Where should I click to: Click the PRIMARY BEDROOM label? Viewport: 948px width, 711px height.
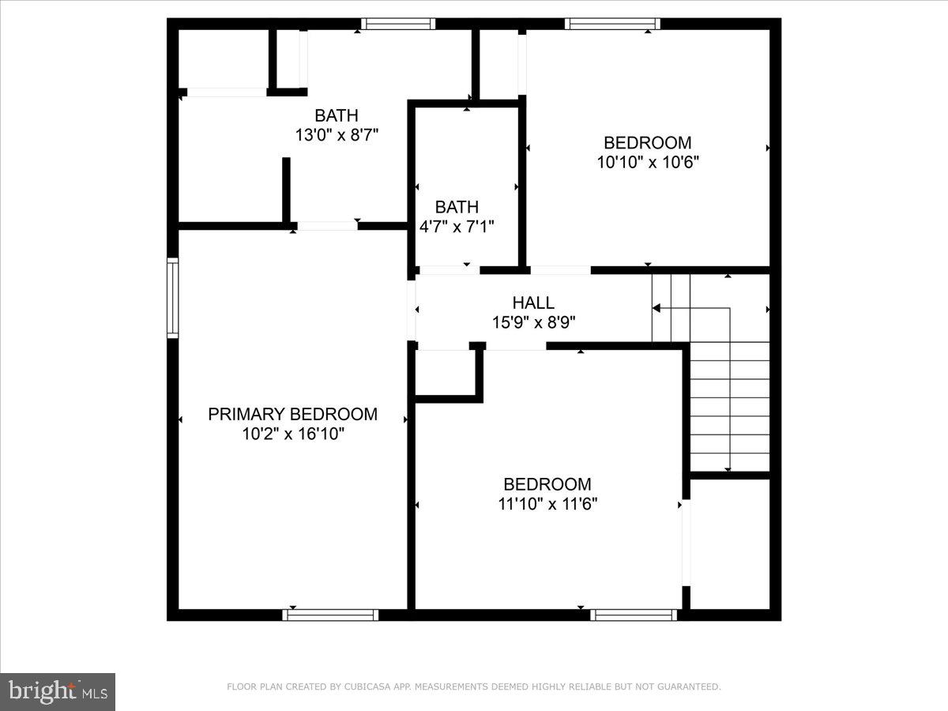[292, 414]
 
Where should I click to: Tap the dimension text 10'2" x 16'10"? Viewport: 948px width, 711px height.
[293, 434]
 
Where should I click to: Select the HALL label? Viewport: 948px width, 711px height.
[533, 303]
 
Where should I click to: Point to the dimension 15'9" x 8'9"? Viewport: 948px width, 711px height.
[533, 322]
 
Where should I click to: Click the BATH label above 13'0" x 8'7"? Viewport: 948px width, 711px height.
[337, 116]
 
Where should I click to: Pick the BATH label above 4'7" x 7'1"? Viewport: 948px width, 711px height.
[457, 207]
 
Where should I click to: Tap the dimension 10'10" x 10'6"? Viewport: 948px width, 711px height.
[648, 162]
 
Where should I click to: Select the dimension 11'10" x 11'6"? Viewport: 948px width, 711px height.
[547, 504]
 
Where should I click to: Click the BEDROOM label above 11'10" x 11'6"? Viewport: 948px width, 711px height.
[547, 484]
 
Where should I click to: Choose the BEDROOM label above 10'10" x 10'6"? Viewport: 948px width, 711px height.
[648, 143]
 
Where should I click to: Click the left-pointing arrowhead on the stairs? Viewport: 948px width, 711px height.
[656, 308]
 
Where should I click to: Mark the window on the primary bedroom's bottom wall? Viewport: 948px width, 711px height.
[331, 614]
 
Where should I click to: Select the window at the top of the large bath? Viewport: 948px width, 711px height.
[398, 24]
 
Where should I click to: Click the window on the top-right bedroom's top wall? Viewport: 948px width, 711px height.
[612, 24]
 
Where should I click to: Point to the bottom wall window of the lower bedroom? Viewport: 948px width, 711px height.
[634, 614]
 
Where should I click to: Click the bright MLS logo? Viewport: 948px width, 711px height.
[58, 692]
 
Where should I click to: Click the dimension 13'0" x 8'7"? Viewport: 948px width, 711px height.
[337, 135]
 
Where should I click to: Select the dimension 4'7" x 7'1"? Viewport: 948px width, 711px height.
[457, 227]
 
